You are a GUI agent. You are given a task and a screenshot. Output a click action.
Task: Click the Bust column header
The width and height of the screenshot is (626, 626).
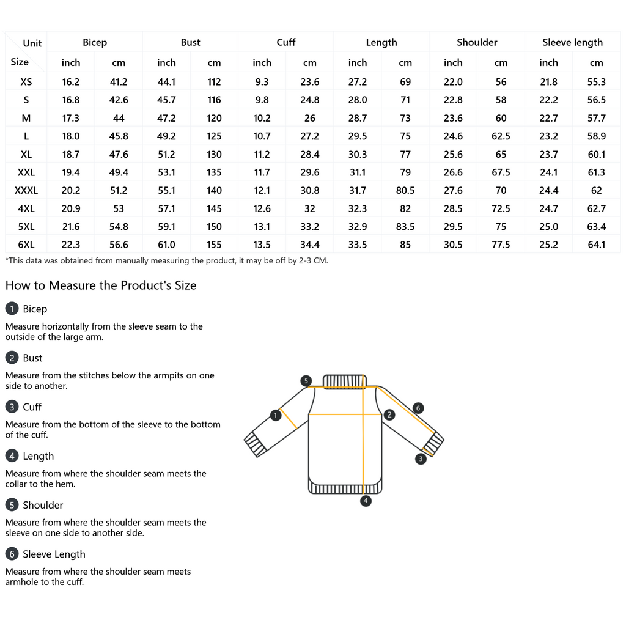click(190, 42)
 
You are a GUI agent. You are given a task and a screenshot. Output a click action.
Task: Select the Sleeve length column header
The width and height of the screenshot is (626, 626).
click(572, 42)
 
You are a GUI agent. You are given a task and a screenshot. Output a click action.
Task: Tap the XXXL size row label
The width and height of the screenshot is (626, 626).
click(26, 191)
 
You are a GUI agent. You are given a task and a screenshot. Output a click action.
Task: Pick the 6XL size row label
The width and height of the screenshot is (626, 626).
click(26, 245)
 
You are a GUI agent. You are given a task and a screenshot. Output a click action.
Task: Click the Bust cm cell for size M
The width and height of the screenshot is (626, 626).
click(214, 118)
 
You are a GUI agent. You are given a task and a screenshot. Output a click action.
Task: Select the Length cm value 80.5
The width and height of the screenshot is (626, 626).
click(405, 191)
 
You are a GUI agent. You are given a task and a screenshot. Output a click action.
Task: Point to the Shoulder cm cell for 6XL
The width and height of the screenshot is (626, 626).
click(501, 245)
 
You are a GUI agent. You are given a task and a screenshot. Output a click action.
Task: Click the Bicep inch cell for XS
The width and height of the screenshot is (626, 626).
click(71, 82)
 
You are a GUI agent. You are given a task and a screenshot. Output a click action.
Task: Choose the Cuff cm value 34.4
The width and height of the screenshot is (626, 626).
click(310, 245)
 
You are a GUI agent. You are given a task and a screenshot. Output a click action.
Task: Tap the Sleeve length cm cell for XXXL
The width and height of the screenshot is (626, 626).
click(597, 191)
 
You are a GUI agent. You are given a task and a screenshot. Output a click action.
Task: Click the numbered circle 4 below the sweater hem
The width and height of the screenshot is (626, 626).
click(366, 501)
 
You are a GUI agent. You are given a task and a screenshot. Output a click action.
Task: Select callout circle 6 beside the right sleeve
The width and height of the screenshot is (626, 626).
click(418, 408)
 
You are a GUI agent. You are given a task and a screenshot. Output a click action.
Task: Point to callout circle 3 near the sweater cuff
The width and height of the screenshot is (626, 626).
click(421, 458)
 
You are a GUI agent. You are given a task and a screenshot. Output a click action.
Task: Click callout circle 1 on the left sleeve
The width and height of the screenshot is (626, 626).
click(275, 416)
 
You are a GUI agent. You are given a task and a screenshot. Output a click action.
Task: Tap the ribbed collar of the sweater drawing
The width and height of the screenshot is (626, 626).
click(344, 382)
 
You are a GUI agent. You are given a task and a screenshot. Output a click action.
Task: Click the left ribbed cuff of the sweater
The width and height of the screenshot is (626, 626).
click(256, 444)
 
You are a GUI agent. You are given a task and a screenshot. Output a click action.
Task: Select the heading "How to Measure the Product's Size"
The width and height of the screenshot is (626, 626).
click(101, 285)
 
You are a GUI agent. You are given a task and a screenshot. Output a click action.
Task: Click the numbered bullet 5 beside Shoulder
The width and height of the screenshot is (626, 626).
click(12, 505)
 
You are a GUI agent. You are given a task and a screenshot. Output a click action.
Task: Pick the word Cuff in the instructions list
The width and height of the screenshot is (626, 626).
click(32, 407)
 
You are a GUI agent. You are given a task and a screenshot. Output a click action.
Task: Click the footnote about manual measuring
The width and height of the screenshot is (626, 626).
click(166, 260)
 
